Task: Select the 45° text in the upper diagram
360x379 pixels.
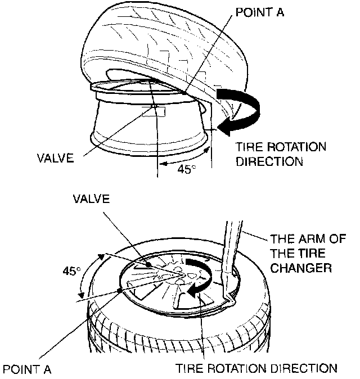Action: pos(183,169)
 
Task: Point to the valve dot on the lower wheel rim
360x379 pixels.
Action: pos(148,264)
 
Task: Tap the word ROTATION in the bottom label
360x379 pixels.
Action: pos(236,369)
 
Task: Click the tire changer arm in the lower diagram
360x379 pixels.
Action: pos(227,259)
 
